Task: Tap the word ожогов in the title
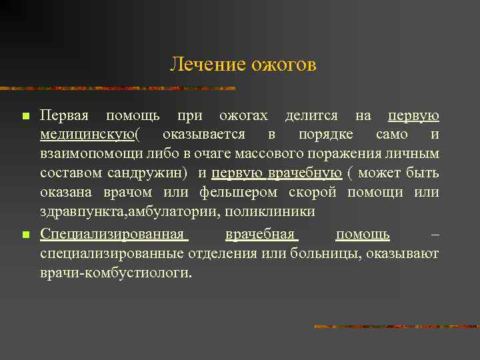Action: (283, 65)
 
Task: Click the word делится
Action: (311, 116)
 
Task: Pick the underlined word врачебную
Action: (305, 174)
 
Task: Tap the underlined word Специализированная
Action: (111, 234)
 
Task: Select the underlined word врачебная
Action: (260, 234)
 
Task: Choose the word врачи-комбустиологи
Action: (115, 273)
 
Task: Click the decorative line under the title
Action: (120, 88)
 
